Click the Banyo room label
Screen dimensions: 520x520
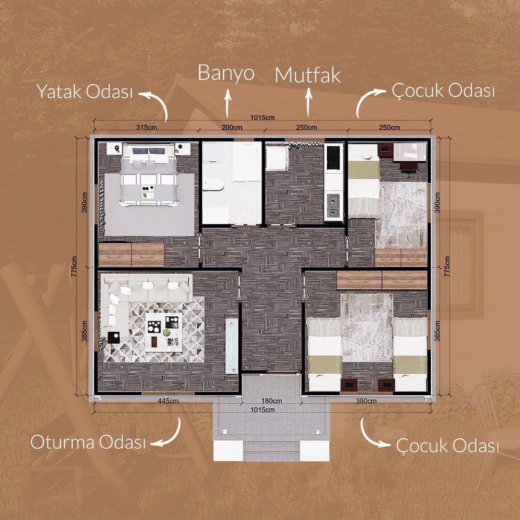coord(226,73)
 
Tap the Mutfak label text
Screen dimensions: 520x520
coord(308,75)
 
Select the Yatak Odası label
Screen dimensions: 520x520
coord(85,91)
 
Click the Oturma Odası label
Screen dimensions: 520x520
coord(88,442)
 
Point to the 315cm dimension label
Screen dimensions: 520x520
coord(146,127)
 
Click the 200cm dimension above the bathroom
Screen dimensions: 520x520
coord(232,127)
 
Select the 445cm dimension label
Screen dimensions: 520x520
coord(168,401)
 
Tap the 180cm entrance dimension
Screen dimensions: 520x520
coord(272,401)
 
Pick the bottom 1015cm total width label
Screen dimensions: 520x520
coord(262,410)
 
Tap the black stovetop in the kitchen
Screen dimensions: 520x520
coord(334,157)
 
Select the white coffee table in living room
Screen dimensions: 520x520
coord(164,332)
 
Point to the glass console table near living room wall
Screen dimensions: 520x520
coord(232,346)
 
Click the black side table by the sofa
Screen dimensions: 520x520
coord(114,338)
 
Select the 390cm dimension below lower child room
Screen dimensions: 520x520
coord(366,401)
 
